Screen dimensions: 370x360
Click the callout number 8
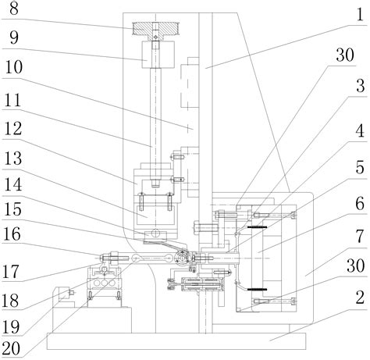point(14,9)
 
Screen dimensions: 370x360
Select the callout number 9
point(14,38)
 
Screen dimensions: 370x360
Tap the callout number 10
point(14,67)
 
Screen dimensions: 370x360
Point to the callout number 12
point(13,128)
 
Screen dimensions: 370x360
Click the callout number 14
point(13,185)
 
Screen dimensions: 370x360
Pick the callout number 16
point(12,234)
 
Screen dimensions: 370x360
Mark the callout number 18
point(10,301)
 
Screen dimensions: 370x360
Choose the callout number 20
point(10,348)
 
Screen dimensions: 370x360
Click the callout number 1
point(360,15)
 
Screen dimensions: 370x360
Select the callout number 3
point(361,86)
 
